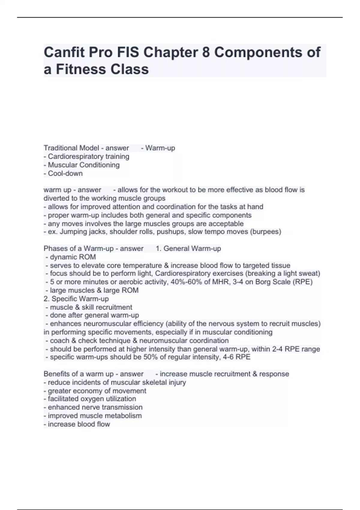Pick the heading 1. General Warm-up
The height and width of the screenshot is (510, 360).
pos(188,248)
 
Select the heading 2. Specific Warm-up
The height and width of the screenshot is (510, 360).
pos(76,299)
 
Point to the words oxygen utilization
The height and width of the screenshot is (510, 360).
pos(111,399)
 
